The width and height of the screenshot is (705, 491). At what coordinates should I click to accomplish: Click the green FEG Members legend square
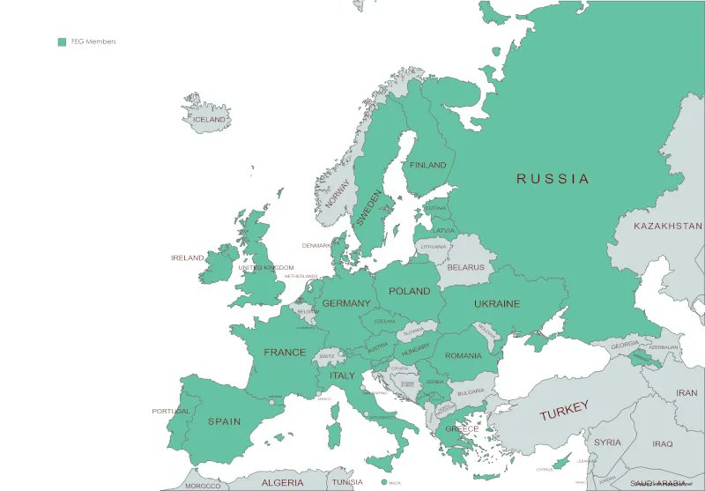pyautogui.click(x=62, y=41)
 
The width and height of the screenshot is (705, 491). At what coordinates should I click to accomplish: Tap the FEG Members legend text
pyautogui.click(x=93, y=41)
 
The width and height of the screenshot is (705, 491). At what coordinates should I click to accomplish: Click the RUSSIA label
pyautogui.click(x=553, y=179)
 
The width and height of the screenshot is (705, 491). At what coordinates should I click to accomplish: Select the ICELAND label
pyautogui.click(x=210, y=120)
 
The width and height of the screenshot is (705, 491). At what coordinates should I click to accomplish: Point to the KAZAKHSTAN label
pyautogui.click(x=667, y=227)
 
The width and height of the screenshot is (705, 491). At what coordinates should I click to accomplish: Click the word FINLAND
pyautogui.click(x=428, y=165)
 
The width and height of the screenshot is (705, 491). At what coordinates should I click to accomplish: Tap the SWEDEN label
pyautogui.click(x=368, y=208)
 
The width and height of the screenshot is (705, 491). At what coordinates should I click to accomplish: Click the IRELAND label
pyautogui.click(x=187, y=258)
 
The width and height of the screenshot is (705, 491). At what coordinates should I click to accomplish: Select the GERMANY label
pyautogui.click(x=346, y=303)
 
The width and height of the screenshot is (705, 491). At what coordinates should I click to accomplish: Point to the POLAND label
pyautogui.click(x=410, y=291)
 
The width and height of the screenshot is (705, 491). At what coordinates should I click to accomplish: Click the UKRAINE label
pyautogui.click(x=497, y=304)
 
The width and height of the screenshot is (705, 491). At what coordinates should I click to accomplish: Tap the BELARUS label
pyautogui.click(x=465, y=267)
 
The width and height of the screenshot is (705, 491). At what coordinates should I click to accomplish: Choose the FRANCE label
pyautogui.click(x=285, y=353)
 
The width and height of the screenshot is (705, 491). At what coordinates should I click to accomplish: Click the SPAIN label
pyautogui.click(x=224, y=421)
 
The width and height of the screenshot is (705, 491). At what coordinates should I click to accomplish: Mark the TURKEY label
pyautogui.click(x=563, y=410)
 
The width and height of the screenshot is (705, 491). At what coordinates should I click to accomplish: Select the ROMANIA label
pyautogui.click(x=464, y=355)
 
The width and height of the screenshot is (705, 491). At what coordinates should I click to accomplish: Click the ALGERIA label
pyautogui.click(x=282, y=482)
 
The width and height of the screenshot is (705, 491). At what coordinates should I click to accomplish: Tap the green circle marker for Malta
pyautogui.click(x=383, y=482)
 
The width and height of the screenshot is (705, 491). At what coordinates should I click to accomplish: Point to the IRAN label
pyautogui.click(x=686, y=393)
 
